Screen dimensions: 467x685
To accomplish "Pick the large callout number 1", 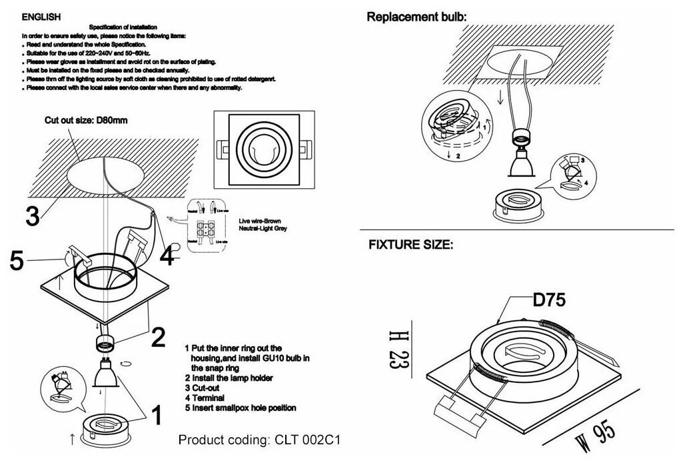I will click(x=157, y=416).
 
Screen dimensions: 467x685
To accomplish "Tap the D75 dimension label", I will click(x=549, y=300).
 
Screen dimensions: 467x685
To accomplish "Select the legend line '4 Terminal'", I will click(x=209, y=397).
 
